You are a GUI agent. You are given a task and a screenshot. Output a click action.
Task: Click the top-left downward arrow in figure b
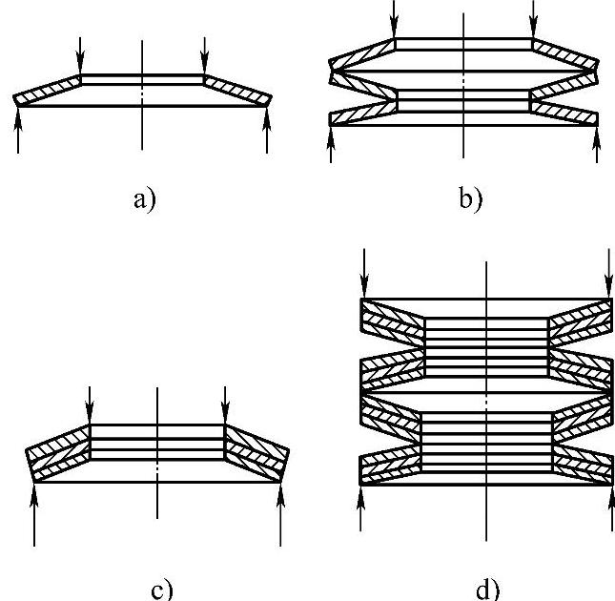pyautogui.click(x=395, y=19)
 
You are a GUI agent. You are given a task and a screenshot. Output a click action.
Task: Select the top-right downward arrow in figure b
pyautogui.click(x=532, y=19)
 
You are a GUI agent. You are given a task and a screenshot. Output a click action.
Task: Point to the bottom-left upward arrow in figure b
pyautogui.click(x=331, y=143)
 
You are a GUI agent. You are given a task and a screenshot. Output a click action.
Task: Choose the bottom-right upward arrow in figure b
pyautogui.click(x=597, y=143)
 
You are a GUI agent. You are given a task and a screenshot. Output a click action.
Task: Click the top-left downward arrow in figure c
pyautogui.click(x=89, y=404)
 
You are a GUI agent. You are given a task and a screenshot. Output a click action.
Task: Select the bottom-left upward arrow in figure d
pyautogui.click(x=360, y=507)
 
